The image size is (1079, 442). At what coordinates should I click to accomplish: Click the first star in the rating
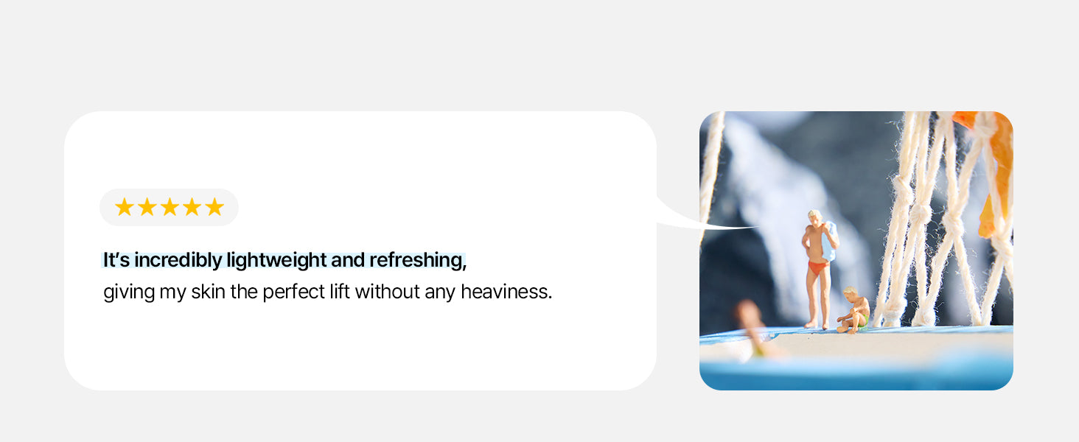point(125,207)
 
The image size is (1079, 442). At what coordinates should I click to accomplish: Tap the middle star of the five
point(170,207)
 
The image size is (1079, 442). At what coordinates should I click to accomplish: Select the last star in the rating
point(214,207)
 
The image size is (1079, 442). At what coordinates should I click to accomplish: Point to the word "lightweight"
point(276,260)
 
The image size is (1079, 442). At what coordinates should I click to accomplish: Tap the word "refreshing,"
point(418,260)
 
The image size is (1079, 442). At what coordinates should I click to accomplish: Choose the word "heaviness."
point(506,292)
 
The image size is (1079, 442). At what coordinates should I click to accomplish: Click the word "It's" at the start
point(116,260)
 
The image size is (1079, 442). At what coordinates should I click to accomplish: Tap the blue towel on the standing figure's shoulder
point(829,241)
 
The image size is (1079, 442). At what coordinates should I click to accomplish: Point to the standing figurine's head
point(815,217)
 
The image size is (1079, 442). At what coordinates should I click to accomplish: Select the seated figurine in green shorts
point(853,310)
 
